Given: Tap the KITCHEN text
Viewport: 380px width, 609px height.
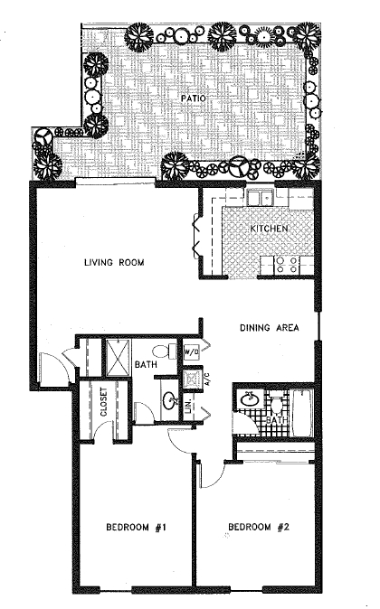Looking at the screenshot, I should click(269, 230).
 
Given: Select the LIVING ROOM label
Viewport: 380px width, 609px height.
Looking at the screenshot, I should click(115, 263).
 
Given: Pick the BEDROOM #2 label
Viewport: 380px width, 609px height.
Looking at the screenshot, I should click(258, 527).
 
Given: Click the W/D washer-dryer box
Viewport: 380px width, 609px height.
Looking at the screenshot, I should click(192, 350).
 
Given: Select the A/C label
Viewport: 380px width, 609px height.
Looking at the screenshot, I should click(207, 379).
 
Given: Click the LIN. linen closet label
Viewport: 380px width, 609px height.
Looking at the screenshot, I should click(189, 409).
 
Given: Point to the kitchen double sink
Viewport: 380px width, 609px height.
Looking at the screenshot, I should click(262, 199).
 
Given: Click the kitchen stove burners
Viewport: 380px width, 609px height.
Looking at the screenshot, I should click(287, 264).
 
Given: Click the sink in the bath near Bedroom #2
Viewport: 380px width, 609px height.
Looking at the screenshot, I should click(250, 397).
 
